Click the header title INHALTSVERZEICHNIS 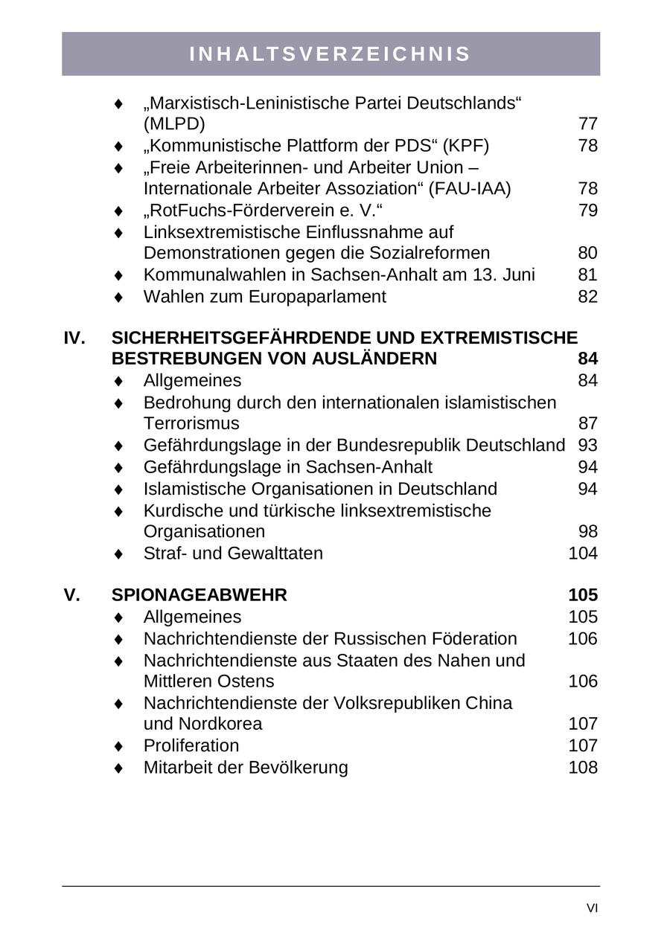coord(331,54)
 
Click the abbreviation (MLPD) coord(174,123)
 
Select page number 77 coord(587,123)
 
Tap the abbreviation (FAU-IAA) coord(470,189)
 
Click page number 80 coord(587,253)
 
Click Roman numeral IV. coord(74,338)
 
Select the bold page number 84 coord(587,359)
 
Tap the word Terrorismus coord(191,424)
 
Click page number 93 coord(587,446)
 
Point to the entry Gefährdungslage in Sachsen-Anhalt coord(287,467)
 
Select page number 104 coord(582,553)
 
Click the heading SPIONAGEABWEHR coord(199,596)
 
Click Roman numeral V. coord(71,596)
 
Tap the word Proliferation coord(191,746)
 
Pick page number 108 coord(582,768)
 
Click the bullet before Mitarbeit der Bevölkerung coord(118,768)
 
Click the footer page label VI coord(592,908)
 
